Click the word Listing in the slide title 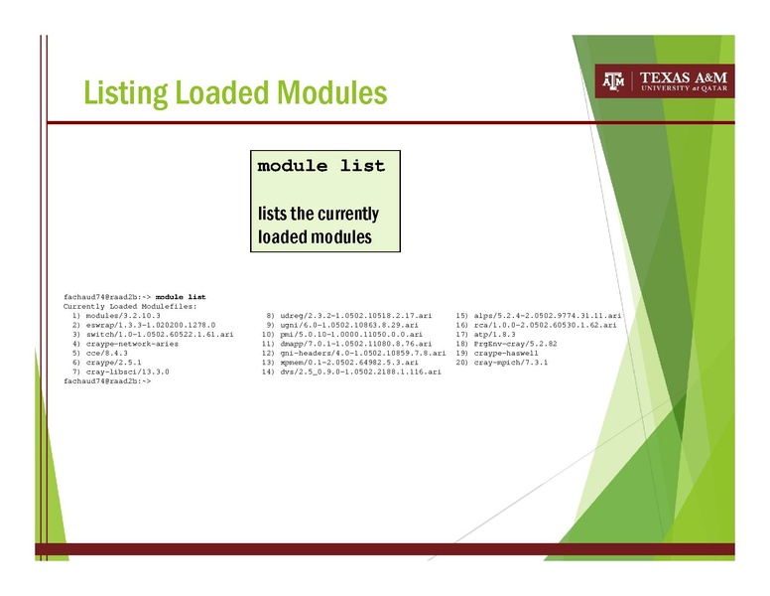point(126,92)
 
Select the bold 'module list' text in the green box point(321,166)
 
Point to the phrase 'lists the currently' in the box point(318,214)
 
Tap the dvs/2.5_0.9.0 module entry point(360,371)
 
